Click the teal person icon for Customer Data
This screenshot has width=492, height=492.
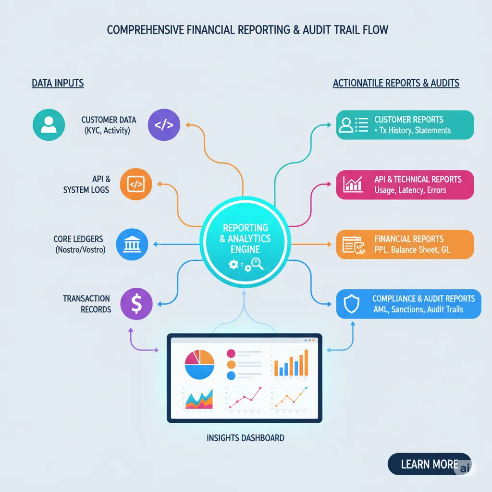pyautogui.click(x=48, y=124)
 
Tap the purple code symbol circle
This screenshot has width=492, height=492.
pyautogui.click(x=164, y=124)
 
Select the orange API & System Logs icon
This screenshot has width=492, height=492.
pyautogui.click(x=135, y=184)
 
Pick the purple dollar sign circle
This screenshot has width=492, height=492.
pyautogui.click(x=136, y=304)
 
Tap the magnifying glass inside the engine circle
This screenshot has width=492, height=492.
pyautogui.click(x=258, y=263)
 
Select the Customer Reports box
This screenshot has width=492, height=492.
pyautogui.click(x=405, y=125)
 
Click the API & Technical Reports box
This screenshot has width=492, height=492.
pyautogui.click(x=405, y=184)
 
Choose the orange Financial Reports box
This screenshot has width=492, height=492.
pyautogui.click(x=405, y=244)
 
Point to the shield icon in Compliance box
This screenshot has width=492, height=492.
pyautogui.click(x=353, y=304)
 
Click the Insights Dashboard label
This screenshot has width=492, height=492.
pyautogui.click(x=245, y=438)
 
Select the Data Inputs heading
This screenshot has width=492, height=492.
pyautogui.click(x=58, y=83)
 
